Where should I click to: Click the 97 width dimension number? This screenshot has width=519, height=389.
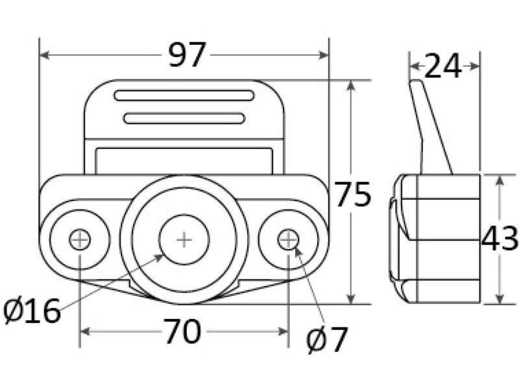coord(187,56)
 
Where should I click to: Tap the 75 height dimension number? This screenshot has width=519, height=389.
coord(353,194)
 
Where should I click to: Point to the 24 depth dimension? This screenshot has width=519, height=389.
coord(444,66)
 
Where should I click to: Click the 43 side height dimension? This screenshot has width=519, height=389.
coord(500,239)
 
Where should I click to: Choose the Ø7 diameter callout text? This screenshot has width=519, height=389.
coord(328,340)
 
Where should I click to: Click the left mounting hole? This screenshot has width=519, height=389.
coord(80,240)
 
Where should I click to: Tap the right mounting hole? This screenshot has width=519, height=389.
coord(288,239)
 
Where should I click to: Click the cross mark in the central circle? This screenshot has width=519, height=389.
coord(184,240)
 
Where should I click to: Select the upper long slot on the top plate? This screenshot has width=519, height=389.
coord(184,95)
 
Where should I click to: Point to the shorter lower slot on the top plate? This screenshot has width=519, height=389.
coord(184,118)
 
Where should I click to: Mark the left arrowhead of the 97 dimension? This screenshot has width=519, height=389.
coord(44,56)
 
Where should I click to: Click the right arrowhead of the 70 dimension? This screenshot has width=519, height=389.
coord(284,332)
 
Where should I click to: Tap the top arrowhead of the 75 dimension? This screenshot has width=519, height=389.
coord(351,85)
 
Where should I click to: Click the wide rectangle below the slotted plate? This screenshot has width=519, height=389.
coord(184,161)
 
